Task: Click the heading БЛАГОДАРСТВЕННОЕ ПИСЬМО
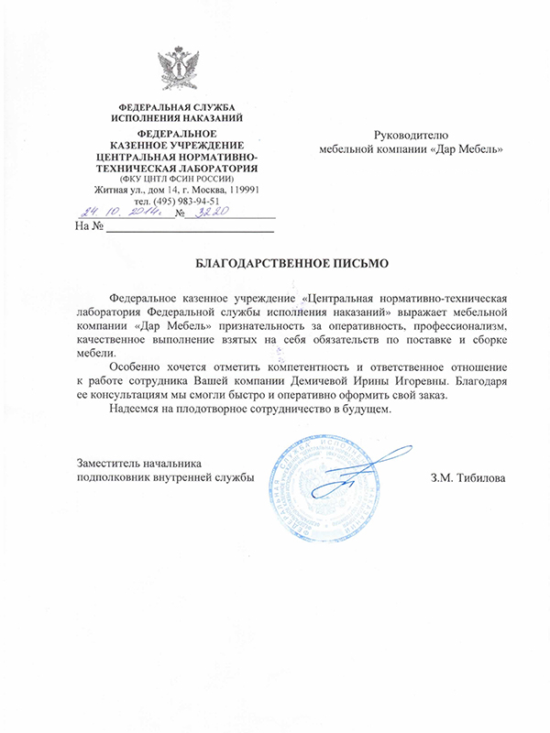pyautogui.click(x=293, y=263)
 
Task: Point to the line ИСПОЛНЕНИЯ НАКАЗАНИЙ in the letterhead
pyautogui.click(x=176, y=118)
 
